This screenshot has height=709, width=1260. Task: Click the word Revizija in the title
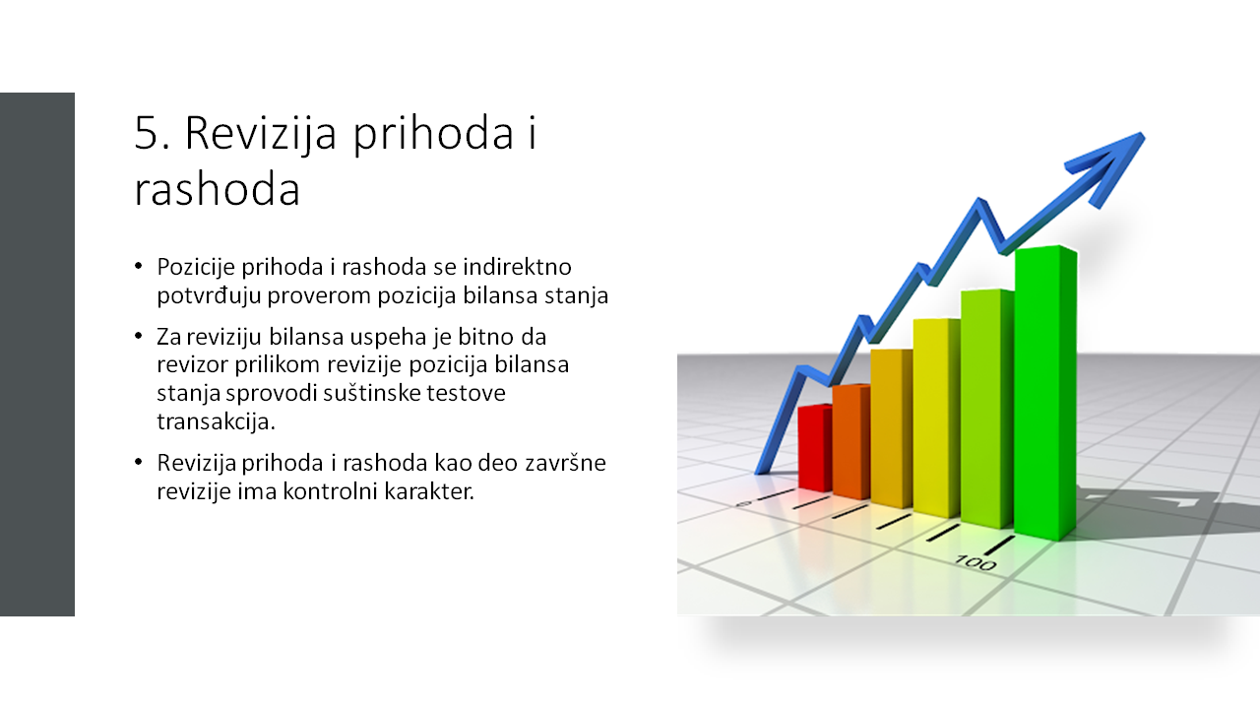(261, 134)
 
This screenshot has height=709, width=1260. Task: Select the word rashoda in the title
(218, 189)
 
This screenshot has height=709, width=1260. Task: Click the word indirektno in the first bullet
(517, 267)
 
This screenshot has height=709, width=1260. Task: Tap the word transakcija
(216, 421)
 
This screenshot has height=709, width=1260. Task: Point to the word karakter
(430, 491)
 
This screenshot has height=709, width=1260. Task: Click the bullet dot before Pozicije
(139, 266)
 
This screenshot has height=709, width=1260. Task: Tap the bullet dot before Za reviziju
(139, 336)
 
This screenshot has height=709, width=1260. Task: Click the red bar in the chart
(815, 448)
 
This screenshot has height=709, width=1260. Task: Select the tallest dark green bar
(1045, 393)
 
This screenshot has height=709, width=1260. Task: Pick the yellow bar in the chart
(936, 418)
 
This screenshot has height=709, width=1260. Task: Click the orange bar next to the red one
(851, 442)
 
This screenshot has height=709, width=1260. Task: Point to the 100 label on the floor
(976, 562)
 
